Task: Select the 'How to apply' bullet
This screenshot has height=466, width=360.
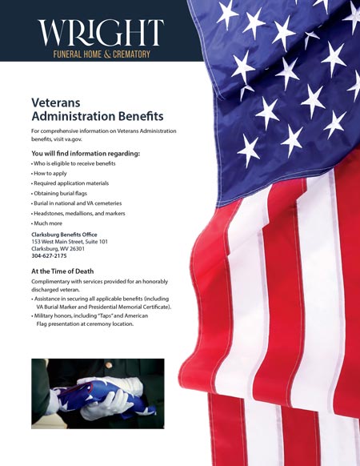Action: tap(50, 173)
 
